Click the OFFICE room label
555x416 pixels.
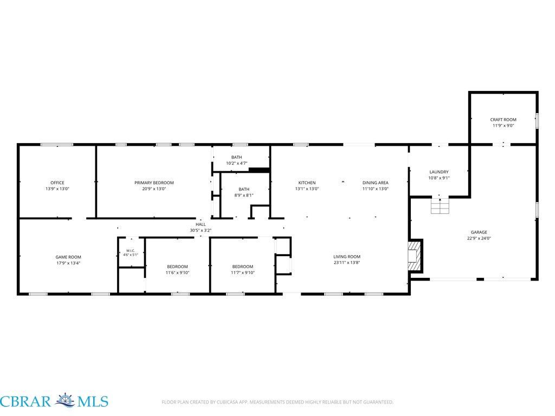coord(57,183)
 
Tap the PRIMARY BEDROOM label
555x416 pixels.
coord(154,183)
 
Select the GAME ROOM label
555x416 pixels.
coord(68,257)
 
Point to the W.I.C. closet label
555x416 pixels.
coord(131,251)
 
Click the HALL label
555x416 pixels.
coord(201,224)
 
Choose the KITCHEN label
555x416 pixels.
coord(307,183)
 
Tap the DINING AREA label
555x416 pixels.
coord(375,183)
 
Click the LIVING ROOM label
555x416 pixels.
coord(347,257)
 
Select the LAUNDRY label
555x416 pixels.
coord(439,172)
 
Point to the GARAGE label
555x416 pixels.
coord(479,232)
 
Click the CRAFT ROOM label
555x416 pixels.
coord(504,120)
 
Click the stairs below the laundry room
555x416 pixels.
coord(440,206)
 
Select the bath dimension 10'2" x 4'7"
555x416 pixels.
coord(237,164)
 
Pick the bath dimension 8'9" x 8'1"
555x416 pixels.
coord(244,195)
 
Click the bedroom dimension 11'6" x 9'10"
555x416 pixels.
coord(177,273)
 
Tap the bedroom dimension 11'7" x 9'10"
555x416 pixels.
coord(243,273)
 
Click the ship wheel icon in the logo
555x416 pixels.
coord(65,401)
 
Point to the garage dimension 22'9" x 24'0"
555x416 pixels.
coord(479,238)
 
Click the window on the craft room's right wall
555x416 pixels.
coord(537,121)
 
